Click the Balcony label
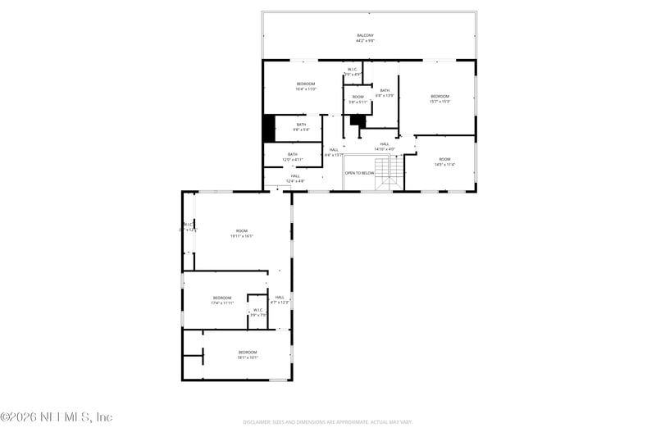(365, 38)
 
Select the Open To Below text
(359, 173)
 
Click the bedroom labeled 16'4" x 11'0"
(305, 86)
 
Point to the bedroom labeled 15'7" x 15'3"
(440, 98)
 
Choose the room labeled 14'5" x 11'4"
(444, 162)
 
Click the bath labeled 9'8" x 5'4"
(301, 127)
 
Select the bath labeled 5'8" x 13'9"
(385, 93)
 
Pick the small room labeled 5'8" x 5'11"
(358, 99)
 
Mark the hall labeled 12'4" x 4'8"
(294, 178)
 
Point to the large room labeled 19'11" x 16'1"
(241, 233)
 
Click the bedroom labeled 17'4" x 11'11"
(222, 300)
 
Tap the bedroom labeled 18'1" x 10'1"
(247, 354)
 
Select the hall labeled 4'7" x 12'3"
(280, 299)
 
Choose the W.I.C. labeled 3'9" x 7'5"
(257, 312)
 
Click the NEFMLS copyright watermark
(57, 417)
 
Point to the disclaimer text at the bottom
(327, 422)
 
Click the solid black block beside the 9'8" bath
(268, 128)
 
